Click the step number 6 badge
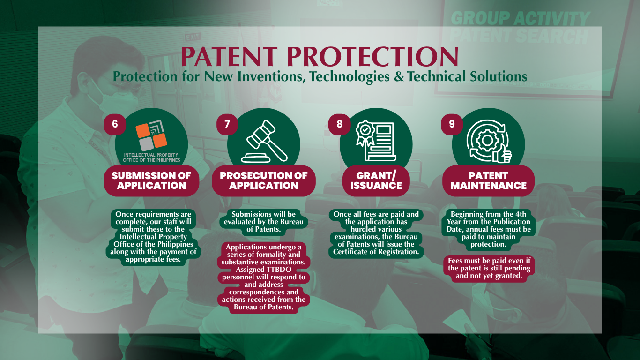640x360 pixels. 115,124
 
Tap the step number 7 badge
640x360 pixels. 227,124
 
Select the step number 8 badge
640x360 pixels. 340,124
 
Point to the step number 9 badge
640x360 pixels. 452,124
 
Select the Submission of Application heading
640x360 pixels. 151,180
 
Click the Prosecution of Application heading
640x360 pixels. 264,180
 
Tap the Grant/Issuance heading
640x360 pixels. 376,180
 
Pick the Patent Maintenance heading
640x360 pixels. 489,180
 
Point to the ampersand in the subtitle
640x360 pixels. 398,76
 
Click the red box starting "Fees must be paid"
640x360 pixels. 489,269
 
